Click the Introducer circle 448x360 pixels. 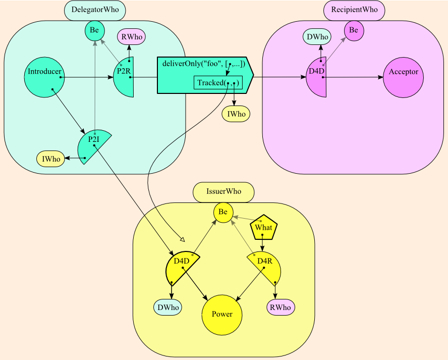tap(44, 77)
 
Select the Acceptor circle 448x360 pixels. tap(403, 77)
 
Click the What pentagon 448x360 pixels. tap(263, 228)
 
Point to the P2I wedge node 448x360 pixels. tap(92, 146)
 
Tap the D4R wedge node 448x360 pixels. tap(266, 268)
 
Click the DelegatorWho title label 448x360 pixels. tap(95, 10)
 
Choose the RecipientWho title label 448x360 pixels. tap(354, 10)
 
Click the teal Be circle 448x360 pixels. tap(94, 31)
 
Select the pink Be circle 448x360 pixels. tap(354, 31)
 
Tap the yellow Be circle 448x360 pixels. tap(223, 213)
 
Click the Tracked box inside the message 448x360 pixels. tap(218, 83)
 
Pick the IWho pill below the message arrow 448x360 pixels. tap(236, 114)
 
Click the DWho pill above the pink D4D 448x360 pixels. tap(317, 37)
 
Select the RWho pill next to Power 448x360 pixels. tap(281, 307)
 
